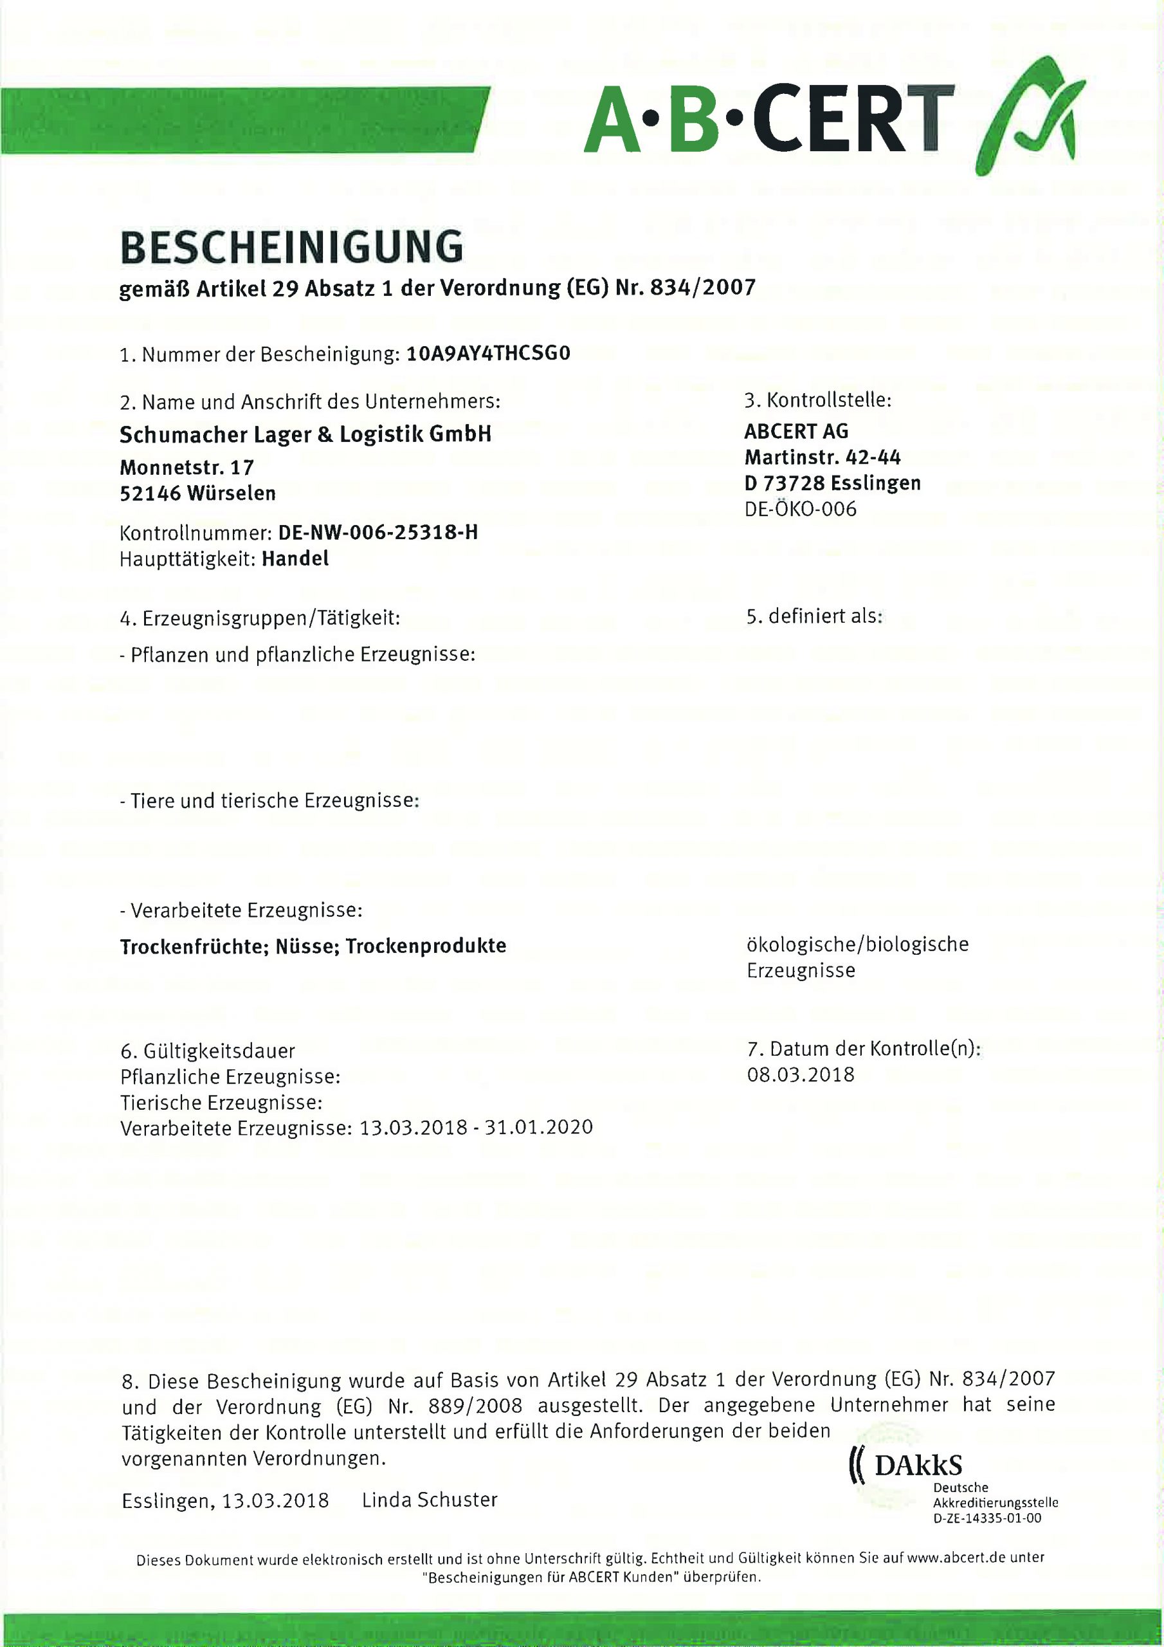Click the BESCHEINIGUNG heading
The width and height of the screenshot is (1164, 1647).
291,248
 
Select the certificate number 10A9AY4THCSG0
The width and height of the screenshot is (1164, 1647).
487,354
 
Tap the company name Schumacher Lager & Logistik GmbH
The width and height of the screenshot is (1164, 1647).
305,435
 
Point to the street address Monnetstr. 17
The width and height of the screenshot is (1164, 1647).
186,468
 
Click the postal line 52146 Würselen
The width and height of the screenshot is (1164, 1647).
198,493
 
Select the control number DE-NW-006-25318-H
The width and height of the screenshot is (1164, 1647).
378,532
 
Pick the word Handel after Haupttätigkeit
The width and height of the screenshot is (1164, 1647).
295,559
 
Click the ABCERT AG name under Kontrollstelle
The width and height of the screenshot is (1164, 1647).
796,431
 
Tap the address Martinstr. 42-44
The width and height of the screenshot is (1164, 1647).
823,457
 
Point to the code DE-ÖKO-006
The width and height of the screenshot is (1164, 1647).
801,510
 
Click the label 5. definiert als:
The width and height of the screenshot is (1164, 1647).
814,616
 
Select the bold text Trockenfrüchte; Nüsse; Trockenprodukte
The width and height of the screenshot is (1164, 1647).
313,946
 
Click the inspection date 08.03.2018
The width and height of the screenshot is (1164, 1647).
801,1074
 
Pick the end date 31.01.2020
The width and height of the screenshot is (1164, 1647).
539,1127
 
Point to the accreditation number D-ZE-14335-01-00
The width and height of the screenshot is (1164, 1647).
987,1518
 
